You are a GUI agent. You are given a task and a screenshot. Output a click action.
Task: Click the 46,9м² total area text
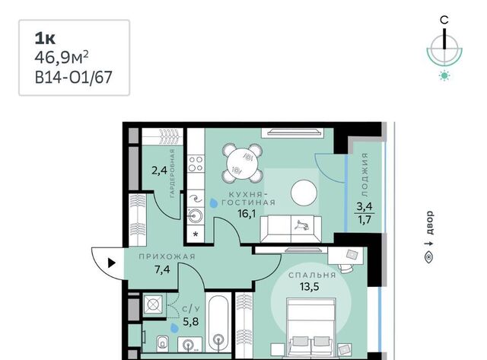click(x=62, y=58)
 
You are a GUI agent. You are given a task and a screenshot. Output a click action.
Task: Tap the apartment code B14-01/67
click(x=73, y=78)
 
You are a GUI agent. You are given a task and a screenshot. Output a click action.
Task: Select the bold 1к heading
click(x=45, y=39)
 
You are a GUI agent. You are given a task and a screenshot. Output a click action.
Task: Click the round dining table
click(x=243, y=163)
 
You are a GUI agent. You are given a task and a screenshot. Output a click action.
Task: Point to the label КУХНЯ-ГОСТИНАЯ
click(x=248, y=199)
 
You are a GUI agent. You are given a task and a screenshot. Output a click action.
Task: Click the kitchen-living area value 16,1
click(x=247, y=214)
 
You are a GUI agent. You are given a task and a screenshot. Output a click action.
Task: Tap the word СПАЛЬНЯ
click(x=312, y=276)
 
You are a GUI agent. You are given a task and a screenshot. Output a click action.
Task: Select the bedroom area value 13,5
click(x=310, y=286)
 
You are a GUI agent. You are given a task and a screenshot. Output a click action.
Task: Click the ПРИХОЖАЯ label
click(x=167, y=256)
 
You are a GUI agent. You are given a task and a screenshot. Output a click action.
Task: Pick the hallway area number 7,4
click(x=162, y=269)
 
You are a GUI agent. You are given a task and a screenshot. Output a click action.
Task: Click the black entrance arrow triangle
click(x=112, y=263)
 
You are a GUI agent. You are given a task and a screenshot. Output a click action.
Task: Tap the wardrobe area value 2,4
click(x=159, y=170)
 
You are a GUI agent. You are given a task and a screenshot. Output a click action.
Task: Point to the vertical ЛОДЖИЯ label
click(x=365, y=175)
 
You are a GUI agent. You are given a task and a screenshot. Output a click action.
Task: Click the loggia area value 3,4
click(x=364, y=206)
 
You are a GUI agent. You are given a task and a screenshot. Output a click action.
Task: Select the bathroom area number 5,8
click(x=191, y=321)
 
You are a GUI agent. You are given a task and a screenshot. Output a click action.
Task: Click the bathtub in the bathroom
click(x=218, y=324)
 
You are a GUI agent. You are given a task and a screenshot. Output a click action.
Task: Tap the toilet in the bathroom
click(x=162, y=343)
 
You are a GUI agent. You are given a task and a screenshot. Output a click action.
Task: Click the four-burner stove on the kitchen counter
click(x=196, y=164)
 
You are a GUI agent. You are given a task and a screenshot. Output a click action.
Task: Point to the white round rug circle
click(x=304, y=193)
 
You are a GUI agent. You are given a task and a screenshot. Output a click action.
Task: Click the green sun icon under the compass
click(x=444, y=76)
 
